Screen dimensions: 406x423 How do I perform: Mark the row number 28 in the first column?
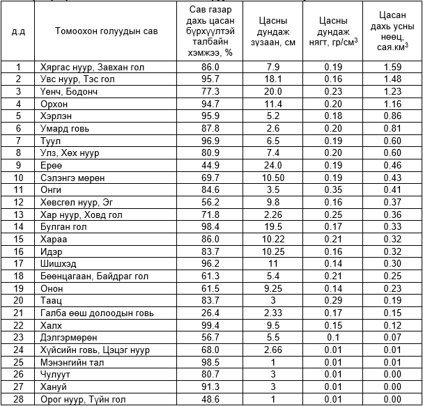point(19,399)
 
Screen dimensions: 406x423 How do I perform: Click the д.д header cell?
point(19,31)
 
